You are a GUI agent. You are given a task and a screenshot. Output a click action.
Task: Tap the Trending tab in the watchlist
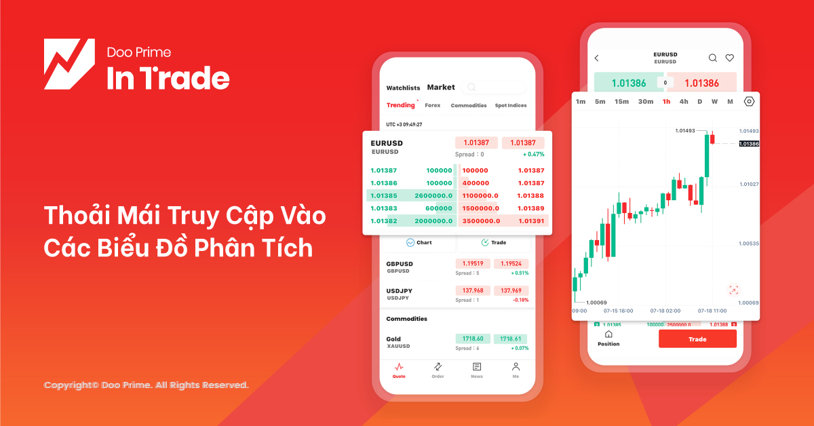[400, 105]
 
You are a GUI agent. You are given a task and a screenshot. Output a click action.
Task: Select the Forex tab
[433, 106]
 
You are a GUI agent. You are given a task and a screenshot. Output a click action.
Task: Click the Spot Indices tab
[511, 106]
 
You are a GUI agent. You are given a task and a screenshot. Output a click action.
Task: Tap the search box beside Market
[494, 87]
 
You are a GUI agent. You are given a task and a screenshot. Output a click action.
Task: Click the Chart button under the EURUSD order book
[419, 242]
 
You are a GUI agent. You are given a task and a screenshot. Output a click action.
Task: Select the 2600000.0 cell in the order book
[433, 195]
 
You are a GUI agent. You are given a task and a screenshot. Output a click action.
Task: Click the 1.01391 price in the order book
[530, 220]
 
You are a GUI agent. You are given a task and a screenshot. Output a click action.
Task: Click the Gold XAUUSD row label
[394, 342]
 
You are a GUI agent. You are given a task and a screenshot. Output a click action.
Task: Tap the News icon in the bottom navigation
[477, 369]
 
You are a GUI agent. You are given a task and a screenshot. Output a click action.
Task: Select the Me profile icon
[516, 369]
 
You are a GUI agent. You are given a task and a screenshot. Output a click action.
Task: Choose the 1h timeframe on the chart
[666, 102]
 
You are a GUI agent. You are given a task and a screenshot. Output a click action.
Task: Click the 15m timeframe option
[621, 102]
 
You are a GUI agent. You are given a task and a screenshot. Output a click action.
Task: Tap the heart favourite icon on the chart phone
[730, 58]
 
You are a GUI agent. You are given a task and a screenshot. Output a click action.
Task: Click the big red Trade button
[697, 339]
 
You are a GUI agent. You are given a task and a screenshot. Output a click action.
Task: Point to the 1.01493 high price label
[689, 130]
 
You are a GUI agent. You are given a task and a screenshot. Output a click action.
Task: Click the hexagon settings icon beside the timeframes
[749, 102]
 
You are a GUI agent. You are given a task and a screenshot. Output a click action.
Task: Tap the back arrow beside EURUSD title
[597, 58]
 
